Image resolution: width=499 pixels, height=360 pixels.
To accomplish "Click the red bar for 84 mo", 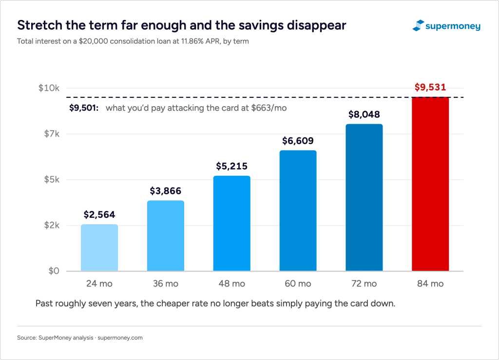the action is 430,184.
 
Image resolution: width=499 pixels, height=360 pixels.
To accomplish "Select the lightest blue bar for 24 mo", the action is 99,248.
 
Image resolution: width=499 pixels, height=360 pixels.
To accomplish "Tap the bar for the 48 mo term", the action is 231,223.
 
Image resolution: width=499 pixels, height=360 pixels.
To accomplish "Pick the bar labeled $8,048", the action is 364,197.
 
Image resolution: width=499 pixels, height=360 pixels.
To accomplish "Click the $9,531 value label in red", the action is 430,87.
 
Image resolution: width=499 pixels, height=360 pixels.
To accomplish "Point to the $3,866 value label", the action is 166,191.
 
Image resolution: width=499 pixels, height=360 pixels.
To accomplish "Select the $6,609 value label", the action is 298,141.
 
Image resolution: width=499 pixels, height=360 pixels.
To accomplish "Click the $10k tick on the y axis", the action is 49,88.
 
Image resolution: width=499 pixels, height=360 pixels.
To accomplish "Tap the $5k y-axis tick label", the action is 52,180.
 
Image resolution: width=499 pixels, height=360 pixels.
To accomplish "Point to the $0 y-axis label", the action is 54,271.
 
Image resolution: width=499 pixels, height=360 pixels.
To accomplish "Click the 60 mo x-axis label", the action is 298,284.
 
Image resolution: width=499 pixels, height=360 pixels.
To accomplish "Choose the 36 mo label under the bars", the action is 166,284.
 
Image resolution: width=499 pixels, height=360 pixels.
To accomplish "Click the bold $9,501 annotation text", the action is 84,108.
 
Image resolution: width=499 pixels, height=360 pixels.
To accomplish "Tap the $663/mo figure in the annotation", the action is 269,108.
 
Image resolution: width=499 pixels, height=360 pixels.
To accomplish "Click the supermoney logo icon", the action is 418,25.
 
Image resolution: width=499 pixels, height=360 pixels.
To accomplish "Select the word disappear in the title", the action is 316,26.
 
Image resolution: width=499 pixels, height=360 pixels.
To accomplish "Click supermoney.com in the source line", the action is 120,338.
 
